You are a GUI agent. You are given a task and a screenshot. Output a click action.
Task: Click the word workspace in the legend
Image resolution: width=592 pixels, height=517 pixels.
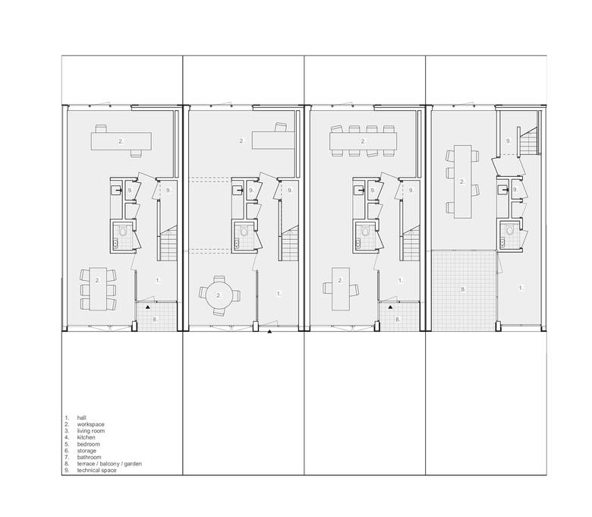point(90,424)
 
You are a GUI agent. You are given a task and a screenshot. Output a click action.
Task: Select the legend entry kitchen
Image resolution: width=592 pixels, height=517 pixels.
point(86,437)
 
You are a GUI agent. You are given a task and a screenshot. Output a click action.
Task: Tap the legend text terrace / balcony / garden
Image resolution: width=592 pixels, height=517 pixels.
point(109,463)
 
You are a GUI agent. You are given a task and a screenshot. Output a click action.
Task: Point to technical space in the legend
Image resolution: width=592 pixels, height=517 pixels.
point(96,470)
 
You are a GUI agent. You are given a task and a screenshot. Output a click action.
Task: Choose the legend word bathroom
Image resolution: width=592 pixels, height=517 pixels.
point(89,457)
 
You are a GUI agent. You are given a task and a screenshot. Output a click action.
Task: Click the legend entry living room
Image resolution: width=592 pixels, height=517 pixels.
point(91,431)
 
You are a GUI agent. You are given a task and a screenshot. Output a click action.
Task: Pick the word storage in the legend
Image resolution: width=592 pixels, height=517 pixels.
point(87,450)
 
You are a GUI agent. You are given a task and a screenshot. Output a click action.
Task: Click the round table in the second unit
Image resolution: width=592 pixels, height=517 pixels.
point(219,295)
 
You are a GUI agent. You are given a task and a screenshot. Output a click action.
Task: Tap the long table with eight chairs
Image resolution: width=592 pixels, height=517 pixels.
point(364,141)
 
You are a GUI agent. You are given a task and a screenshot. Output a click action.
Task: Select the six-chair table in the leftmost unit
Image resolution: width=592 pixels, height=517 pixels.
point(98,289)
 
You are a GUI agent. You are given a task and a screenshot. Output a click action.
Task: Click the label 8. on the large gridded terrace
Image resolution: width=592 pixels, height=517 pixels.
point(463,289)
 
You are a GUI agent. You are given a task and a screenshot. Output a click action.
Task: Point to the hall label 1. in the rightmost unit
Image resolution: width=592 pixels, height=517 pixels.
point(521,288)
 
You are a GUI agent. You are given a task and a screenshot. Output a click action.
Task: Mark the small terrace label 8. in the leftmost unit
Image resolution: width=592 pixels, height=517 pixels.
point(155,319)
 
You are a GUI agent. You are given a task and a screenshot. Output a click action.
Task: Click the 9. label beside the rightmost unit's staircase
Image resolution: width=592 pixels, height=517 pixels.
point(509,141)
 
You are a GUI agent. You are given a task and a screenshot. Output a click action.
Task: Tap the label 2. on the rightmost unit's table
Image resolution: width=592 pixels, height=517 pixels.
point(462,181)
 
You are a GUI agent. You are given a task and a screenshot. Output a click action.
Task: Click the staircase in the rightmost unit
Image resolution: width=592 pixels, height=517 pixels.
point(528,141)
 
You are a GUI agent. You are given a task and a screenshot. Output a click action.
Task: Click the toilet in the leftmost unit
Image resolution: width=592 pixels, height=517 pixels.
point(123,230)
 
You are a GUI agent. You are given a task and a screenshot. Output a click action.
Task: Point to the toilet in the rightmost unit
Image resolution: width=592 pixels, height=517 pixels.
point(510,229)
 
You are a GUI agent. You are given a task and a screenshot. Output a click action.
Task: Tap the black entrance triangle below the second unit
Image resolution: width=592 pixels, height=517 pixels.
point(269,332)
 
